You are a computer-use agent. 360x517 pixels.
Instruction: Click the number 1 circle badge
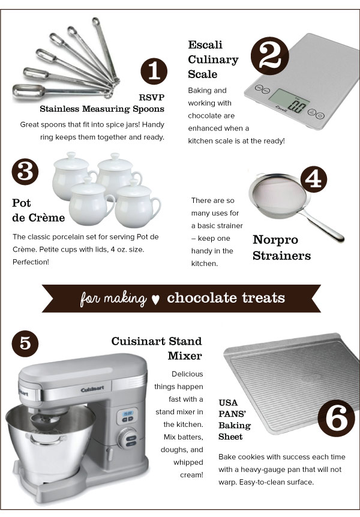pos(154,71)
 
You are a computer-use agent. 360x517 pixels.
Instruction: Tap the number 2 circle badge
pos(270,56)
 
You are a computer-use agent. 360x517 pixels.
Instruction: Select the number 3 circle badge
pos(25,172)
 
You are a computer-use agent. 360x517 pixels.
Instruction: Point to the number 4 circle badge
pos(314,179)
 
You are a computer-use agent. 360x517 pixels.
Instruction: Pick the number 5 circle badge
pos(25,343)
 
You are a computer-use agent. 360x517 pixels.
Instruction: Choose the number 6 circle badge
pos(336,419)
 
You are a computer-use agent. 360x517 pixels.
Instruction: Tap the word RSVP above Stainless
pos(152,97)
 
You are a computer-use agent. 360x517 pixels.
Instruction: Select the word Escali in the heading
pos(205,44)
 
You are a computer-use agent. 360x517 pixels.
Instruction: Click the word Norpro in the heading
pos(275,240)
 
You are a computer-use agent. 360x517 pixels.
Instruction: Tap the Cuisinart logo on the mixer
pos(92,389)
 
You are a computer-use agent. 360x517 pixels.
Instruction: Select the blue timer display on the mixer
pos(127,413)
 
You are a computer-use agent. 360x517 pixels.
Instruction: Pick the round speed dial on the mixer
pos(128,439)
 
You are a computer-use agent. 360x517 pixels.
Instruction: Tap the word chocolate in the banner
pos(201,298)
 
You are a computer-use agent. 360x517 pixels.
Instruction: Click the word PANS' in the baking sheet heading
pos(233,414)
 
